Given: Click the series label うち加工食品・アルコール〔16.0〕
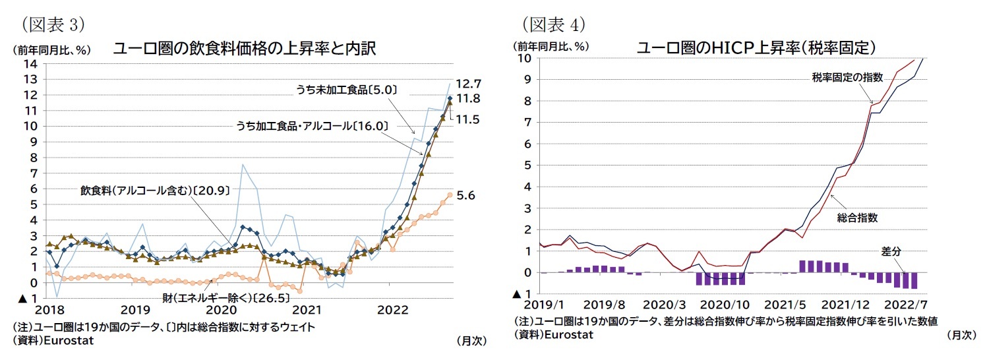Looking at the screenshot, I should (312, 125).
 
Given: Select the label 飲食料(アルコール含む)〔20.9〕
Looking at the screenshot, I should (155, 191).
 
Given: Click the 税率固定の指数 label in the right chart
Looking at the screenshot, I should (847, 78).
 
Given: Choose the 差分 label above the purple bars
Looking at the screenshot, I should (891, 251).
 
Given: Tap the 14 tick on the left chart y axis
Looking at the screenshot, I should (30, 64).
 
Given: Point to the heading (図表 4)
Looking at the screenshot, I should (554, 24).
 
